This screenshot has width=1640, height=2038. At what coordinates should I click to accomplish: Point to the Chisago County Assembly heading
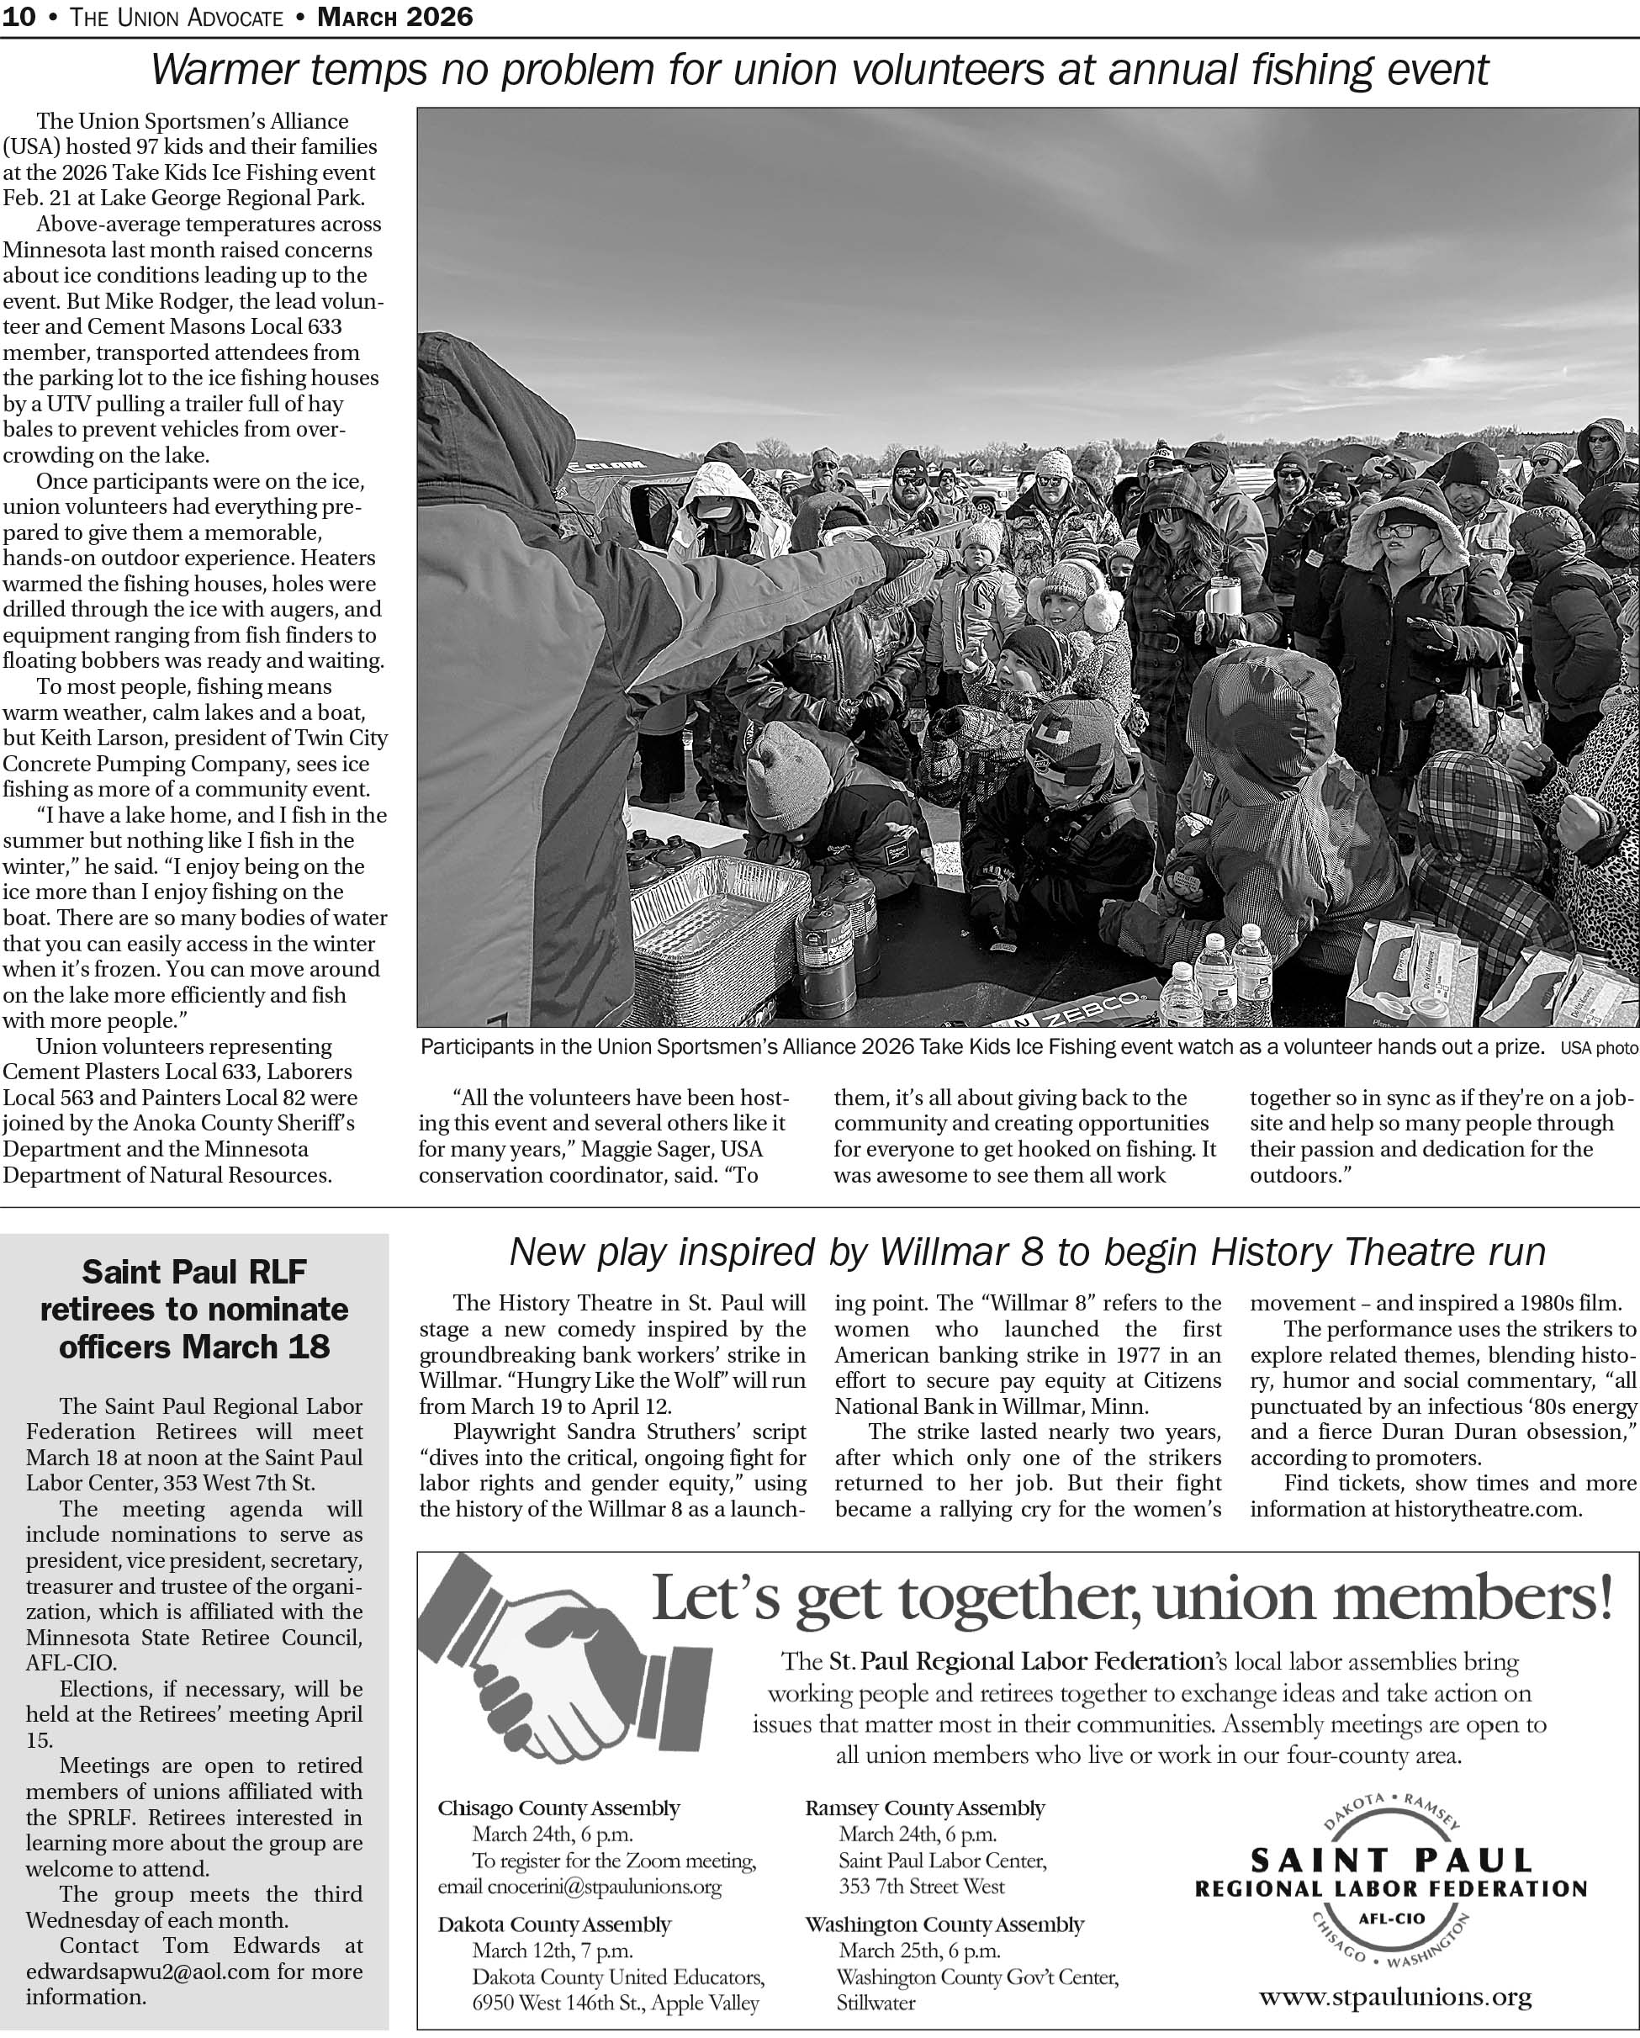[x=558, y=1808]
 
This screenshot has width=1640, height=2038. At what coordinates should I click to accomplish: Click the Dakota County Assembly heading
[x=554, y=1924]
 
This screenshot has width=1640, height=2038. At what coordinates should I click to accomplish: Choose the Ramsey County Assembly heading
[x=924, y=1808]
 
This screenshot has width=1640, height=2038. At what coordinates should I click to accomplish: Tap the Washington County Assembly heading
[x=944, y=1924]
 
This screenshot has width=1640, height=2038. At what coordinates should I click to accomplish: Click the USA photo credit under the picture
[x=1599, y=1048]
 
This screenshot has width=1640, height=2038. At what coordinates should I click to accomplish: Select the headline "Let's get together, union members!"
[x=1131, y=1598]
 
